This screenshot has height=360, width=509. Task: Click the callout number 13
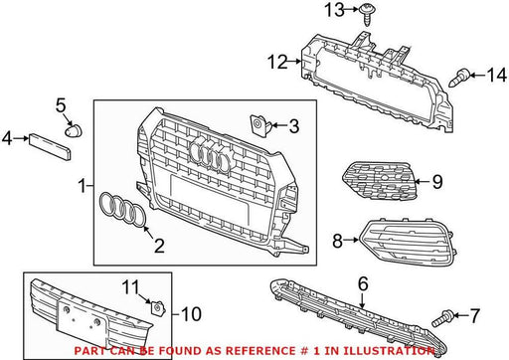pos(334,10)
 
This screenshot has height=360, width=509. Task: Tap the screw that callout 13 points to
pos(367,15)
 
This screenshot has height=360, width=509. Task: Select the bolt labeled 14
pos(459,78)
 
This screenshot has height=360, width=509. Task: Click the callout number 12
pos(277,62)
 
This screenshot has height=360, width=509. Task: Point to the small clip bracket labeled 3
pos(258,124)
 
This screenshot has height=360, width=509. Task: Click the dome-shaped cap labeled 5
pos(74,130)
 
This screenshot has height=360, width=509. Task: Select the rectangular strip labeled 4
pos(50,147)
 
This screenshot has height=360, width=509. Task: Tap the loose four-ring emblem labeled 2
pos(122,210)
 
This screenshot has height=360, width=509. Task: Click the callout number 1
pos(83,186)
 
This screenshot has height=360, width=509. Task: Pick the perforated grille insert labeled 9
pos(380,181)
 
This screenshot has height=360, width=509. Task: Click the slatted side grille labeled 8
pos(407,241)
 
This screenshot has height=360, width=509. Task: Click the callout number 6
pos(363,284)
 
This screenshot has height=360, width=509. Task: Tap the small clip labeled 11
pos(157,308)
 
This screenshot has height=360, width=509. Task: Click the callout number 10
pos(191,314)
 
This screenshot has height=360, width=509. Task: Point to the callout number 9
pos(437,182)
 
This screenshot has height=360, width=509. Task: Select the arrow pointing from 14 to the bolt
pos(477,76)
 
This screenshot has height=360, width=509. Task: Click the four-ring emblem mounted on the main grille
pos(210,154)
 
